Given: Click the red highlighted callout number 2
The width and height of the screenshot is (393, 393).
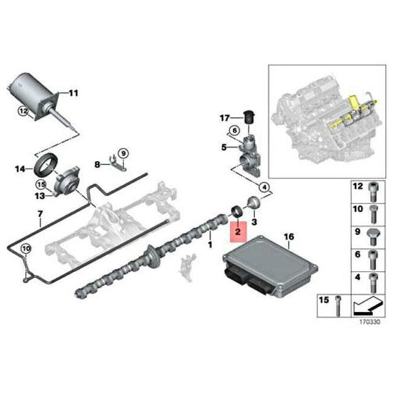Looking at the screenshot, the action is (x=238, y=231).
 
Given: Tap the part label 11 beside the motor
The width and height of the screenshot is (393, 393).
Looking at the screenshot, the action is (x=73, y=93).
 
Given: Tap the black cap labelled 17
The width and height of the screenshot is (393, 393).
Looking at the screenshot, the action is (x=249, y=116).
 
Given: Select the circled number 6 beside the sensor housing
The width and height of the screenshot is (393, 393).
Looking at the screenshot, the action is (x=234, y=130).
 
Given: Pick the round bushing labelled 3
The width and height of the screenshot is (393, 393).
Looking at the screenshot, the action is (x=254, y=203).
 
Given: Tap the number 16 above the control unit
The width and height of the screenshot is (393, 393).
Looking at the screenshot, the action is (x=289, y=237).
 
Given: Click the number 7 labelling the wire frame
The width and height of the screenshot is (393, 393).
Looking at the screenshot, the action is (x=40, y=214).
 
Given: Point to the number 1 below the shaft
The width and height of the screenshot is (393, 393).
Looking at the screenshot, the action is (x=210, y=244).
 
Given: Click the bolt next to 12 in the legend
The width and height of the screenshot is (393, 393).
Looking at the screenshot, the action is (x=373, y=191).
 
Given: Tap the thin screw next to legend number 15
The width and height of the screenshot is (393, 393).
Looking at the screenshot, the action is (x=338, y=306).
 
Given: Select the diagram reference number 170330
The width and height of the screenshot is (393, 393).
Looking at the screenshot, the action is (x=370, y=322).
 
